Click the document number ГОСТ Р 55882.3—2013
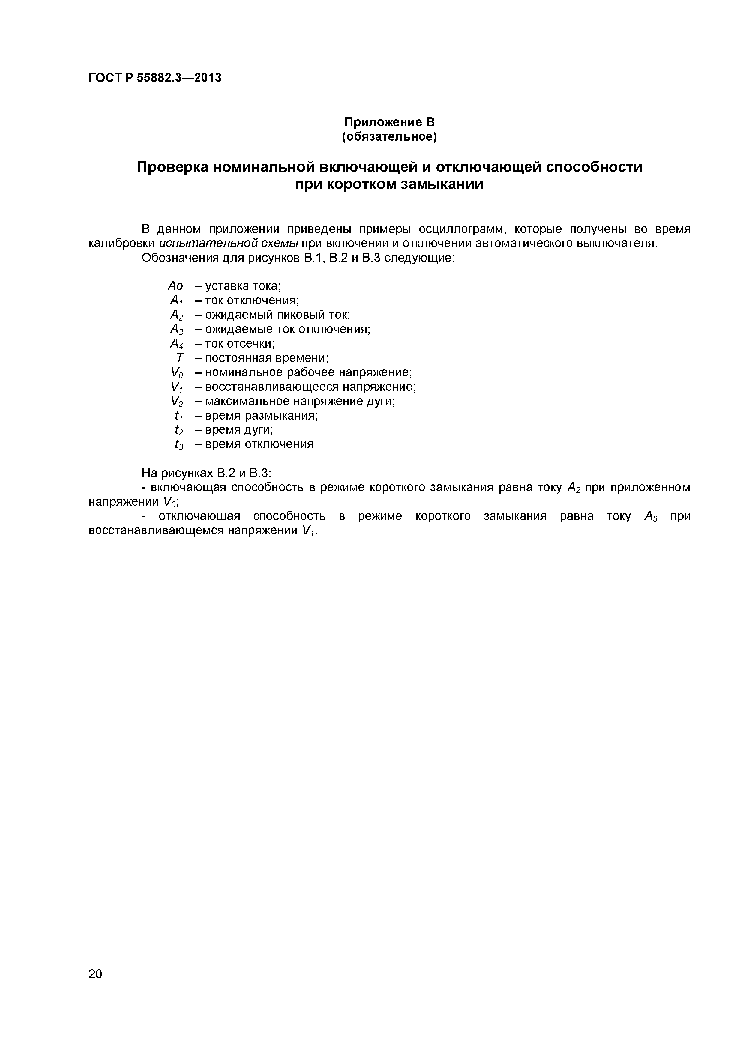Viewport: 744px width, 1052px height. [154, 78]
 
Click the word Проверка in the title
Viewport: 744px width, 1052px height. [170, 167]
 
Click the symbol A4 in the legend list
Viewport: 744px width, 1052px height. [176, 344]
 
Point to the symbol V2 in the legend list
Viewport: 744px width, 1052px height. [176, 401]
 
